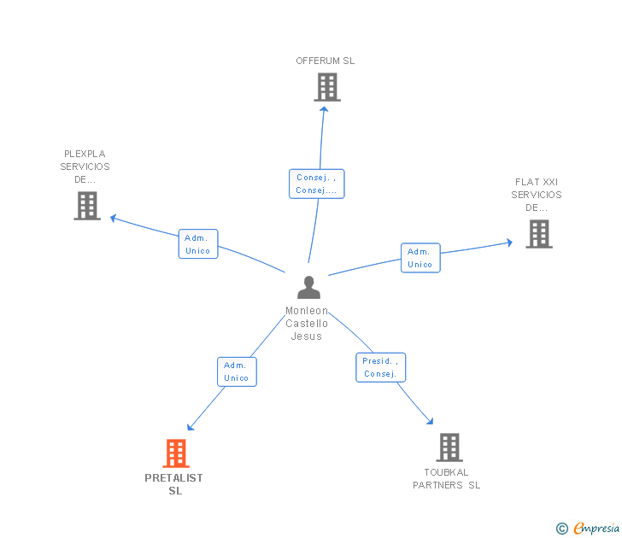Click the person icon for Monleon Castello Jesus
point(308,288)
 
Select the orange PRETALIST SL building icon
point(176,453)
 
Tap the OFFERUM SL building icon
point(327,87)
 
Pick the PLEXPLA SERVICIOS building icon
point(87,205)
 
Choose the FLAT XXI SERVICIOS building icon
point(539,234)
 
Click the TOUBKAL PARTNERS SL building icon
point(449,447)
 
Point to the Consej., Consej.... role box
point(316,184)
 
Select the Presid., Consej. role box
point(381,367)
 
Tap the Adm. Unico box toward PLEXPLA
point(198,244)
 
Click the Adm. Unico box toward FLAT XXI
point(420,258)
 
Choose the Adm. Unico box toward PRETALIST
point(237,371)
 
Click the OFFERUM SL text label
point(326,61)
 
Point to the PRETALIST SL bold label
point(173,484)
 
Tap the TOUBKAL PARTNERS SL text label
point(446,478)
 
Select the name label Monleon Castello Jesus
point(307,323)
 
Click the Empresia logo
point(596,528)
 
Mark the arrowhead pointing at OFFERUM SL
point(324,108)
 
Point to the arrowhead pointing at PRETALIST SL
point(190,427)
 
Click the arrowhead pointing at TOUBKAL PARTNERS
point(430,422)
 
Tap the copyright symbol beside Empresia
point(562,529)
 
